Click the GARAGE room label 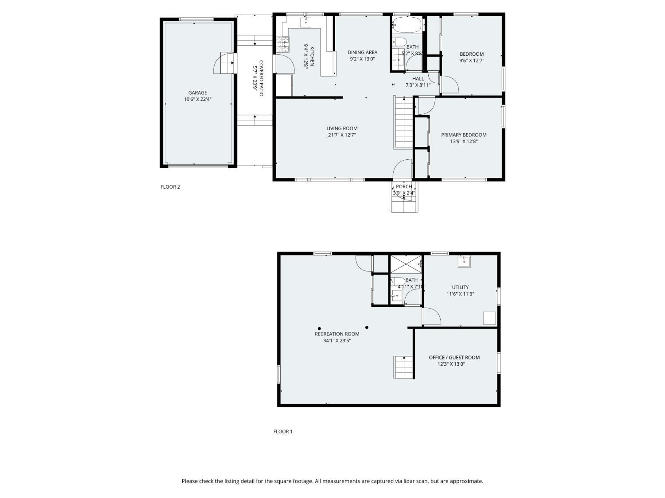point(198,93)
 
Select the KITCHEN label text point(312,56)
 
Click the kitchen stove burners point(283,44)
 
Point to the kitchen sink point(306,22)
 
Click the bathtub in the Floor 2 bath point(407,24)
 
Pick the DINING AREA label point(362,52)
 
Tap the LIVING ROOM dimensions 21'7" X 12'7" point(342,135)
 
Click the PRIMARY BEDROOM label point(464,135)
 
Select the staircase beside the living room point(404,122)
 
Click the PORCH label point(404,186)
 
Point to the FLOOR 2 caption point(170,187)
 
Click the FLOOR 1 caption point(283,432)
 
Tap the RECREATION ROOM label point(337,334)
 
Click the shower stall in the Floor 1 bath point(406,264)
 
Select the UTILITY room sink point(464,262)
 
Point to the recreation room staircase point(403,367)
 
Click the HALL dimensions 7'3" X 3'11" point(418,85)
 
